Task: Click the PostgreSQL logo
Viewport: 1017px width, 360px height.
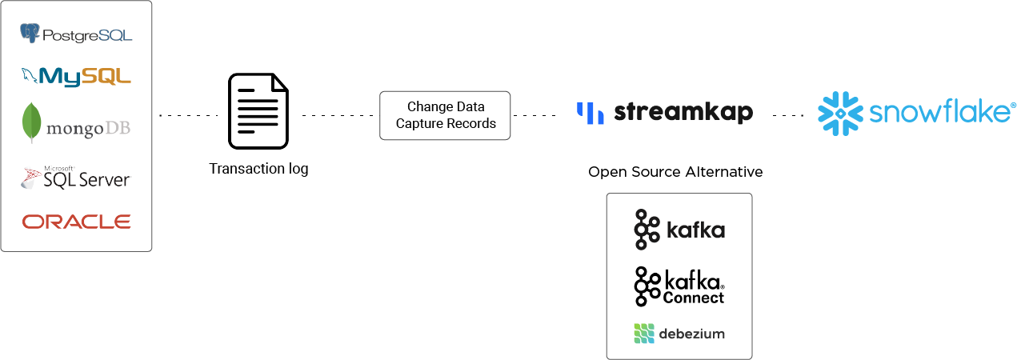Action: [76, 34]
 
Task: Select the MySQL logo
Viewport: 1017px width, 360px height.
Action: [76, 76]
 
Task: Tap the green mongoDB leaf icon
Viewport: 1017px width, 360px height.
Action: [33, 122]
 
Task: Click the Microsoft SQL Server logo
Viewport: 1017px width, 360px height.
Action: [76, 178]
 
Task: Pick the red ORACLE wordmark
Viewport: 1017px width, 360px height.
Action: [76, 222]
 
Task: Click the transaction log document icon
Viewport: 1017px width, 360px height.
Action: [258, 111]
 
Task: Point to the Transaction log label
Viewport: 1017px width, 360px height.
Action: [258, 169]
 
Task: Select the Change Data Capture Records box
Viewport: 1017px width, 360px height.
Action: [445, 115]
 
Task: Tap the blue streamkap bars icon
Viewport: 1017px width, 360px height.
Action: [590, 113]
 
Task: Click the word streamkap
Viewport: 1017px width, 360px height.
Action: [683, 113]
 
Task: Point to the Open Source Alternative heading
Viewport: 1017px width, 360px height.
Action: [675, 172]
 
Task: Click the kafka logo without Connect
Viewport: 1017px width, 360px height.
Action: [679, 230]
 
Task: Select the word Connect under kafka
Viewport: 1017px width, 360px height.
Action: [694, 298]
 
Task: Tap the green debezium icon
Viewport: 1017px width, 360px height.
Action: [644, 334]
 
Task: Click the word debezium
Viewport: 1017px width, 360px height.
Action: [691, 334]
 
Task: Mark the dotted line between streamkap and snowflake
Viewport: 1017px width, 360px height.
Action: [787, 116]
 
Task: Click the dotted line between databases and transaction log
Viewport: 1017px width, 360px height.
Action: [188, 116]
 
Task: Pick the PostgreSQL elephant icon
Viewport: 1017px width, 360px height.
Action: [30, 33]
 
